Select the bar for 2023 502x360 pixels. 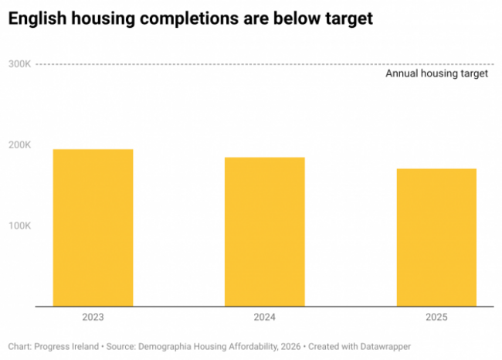(x=93, y=228)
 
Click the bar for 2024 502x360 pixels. (x=265, y=232)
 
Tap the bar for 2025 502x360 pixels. (x=436, y=237)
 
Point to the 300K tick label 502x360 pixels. (x=19, y=64)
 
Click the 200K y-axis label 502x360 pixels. (x=19, y=145)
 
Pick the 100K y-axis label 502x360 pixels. (x=19, y=226)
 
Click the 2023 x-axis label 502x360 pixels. (x=93, y=317)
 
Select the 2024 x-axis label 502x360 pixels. (x=265, y=317)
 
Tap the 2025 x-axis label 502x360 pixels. (x=436, y=317)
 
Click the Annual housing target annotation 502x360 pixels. (x=436, y=73)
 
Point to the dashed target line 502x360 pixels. (x=265, y=64)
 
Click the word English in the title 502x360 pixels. (x=37, y=19)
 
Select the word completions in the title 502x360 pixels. (x=189, y=19)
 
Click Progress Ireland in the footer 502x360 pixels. (x=66, y=347)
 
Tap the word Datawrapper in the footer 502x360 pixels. (x=385, y=347)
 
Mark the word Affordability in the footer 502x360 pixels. (x=253, y=347)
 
